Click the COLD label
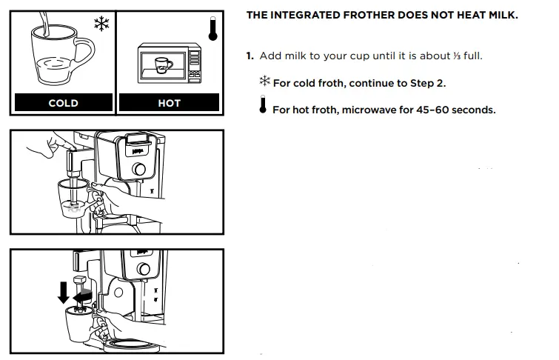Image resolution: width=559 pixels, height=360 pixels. pyautogui.click(x=63, y=103)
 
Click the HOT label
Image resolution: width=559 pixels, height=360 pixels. pyautogui.click(x=170, y=103)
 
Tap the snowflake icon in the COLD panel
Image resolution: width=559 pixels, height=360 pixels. pyautogui.click(x=100, y=24)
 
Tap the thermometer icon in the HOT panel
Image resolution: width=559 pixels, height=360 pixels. pyautogui.click(x=212, y=27)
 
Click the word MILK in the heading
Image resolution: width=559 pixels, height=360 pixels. pyautogui.click(x=500, y=16)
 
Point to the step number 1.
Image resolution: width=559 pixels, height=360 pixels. pyautogui.click(x=250, y=56)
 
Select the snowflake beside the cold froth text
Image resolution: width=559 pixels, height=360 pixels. pyautogui.click(x=264, y=81)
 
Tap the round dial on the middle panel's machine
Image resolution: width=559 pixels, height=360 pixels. pyautogui.click(x=138, y=171)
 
